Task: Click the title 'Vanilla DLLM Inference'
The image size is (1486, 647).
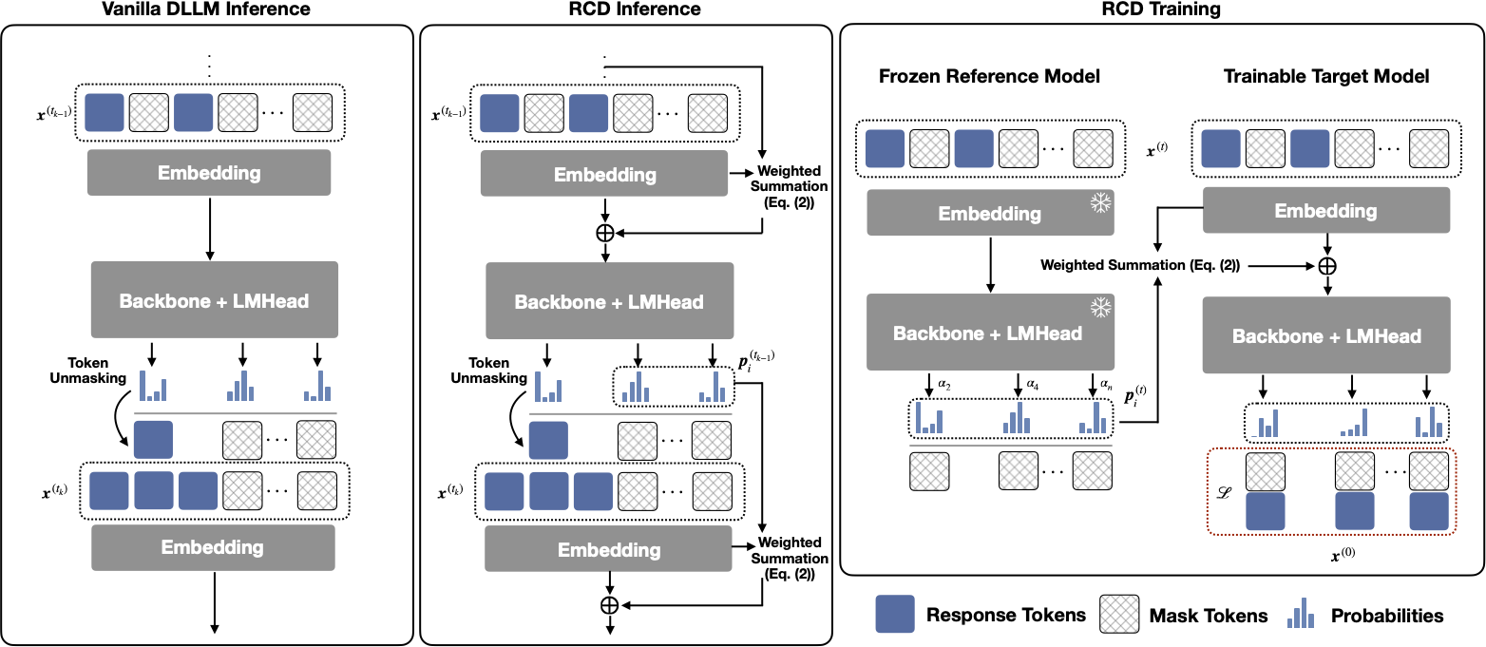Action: pyautogui.click(x=208, y=10)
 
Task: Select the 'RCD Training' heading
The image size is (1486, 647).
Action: pyautogui.click(x=1161, y=10)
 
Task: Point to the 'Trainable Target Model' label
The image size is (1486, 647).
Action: pyautogui.click(x=1325, y=76)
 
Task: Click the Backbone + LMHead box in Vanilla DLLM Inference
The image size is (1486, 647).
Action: pyautogui.click(x=214, y=300)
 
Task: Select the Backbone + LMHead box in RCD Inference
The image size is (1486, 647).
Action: pyautogui.click(x=609, y=302)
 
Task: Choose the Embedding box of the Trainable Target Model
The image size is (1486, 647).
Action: pyautogui.click(x=1325, y=211)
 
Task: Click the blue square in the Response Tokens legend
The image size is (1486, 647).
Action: pyautogui.click(x=895, y=615)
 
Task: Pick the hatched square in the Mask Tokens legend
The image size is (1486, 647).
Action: pyautogui.click(x=1119, y=615)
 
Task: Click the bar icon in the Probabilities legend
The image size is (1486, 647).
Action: pyautogui.click(x=1301, y=615)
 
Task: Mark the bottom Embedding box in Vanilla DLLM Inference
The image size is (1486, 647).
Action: pyautogui.click(x=214, y=547)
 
